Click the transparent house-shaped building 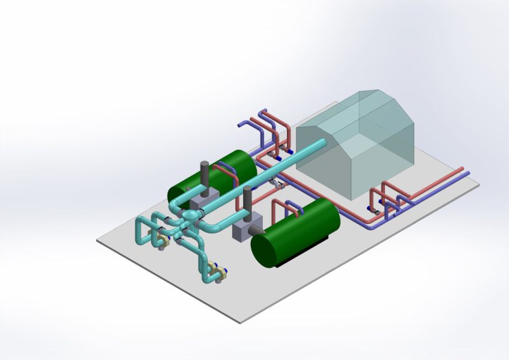tap(356, 149)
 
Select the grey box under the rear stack tap(205, 202)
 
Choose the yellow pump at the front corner tap(220, 275)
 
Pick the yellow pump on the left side tap(162, 240)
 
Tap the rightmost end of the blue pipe tap(468, 172)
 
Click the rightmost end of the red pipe tap(463, 169)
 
